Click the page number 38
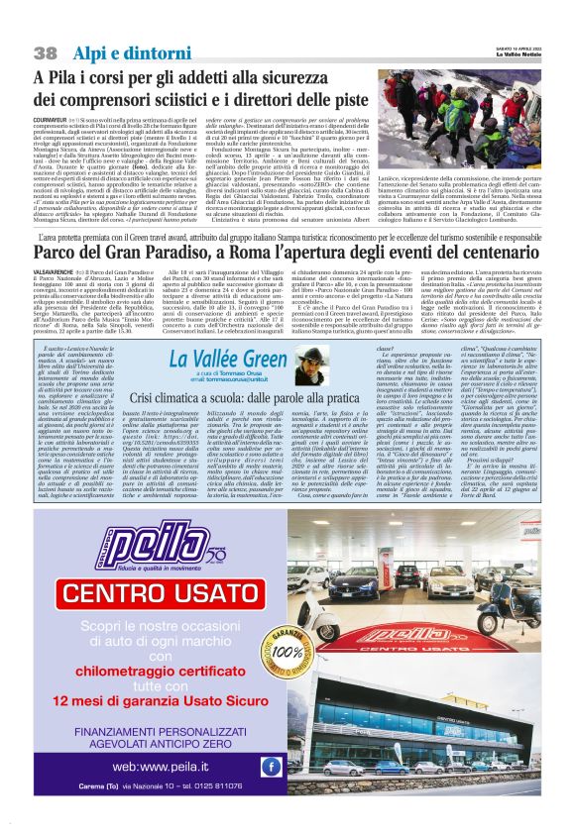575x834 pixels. tap(46, 52)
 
